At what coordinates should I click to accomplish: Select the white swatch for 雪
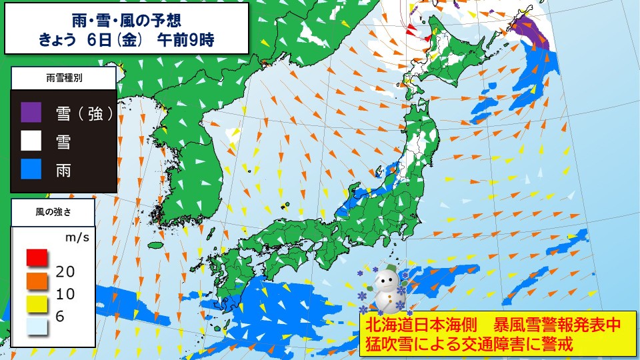pyautogui.click(x=31, y=141)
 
